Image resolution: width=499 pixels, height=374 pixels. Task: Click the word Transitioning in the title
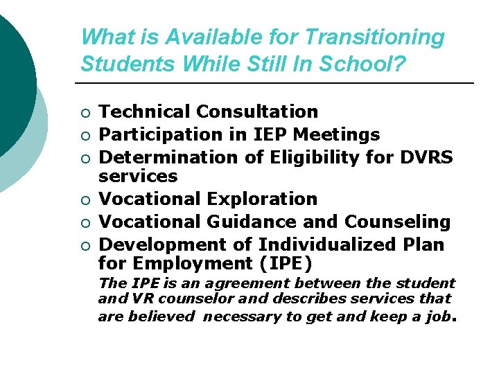click(x=374, y=37)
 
